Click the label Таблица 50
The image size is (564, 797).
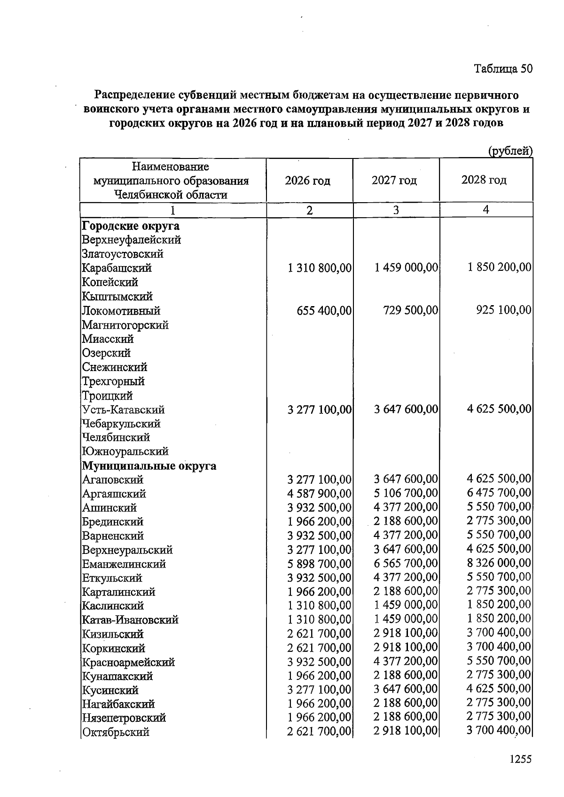pyautogui.click(x=503, y=69)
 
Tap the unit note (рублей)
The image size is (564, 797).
pyautogui.click(x=510, y=151)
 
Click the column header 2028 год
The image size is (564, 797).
pyautogui.click(x=484, y=180)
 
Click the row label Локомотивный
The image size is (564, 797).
pyautogui.click(x=121, y=311)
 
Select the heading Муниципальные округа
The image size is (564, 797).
pyautogui.click(x=149, y=466)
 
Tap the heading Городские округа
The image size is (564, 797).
pyautogui.click(x=131, y=226)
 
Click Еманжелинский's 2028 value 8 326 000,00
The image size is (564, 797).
pyautogui.click(x=499, y=563)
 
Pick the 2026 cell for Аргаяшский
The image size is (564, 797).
pyautogui.click(x=319, y=494)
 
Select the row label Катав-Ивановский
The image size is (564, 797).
pyautogui.click(x=130, y=620)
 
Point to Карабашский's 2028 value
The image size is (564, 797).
pyautogui.click(x=499, y=268)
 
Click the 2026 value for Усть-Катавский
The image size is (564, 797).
pyautogui.click(x=319, y=410)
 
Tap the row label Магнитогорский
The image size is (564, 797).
pyautogui.click(x=125, y=325)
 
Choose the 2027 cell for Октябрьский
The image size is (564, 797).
pyautogui.click(x=406, y=732)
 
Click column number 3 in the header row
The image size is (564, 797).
pyautogui.click(x=396, y=210)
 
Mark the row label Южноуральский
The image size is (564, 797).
pyautogui.click(x=125, y=451)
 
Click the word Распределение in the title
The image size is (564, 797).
pyautogui.click(x=134, y=95)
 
